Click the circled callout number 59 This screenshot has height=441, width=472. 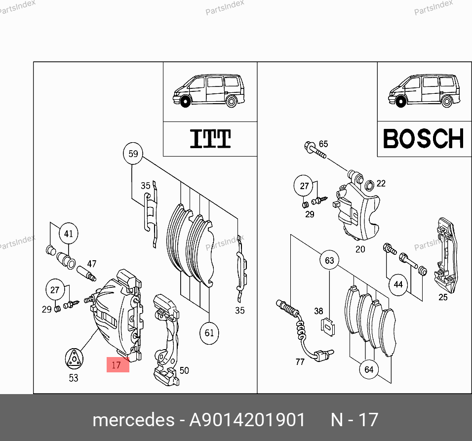point(133,154)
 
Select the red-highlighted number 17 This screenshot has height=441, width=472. point(118,365)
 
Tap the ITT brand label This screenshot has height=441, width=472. point(210,138)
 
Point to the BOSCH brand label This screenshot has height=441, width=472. point(424,138)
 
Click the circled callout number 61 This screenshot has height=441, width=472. point(209,333)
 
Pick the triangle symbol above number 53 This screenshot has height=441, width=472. point(74,359)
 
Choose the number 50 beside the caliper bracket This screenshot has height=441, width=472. point(184,370)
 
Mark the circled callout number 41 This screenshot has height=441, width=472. point(69,233)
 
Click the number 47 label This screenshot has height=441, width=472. point(91,264)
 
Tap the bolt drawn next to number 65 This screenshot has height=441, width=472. point(315,150)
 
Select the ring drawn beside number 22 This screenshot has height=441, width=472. point(369,185)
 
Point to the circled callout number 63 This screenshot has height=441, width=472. point(329,260)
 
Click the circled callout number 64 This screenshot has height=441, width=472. point(369,369)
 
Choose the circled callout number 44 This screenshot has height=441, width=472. point(398,284)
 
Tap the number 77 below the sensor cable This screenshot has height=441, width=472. point(300,361)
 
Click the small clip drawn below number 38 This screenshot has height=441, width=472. point(327,326)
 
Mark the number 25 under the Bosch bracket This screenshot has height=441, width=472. point(443,297)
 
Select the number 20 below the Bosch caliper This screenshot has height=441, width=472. point(360,249)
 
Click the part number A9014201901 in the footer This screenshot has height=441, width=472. point(247,420)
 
